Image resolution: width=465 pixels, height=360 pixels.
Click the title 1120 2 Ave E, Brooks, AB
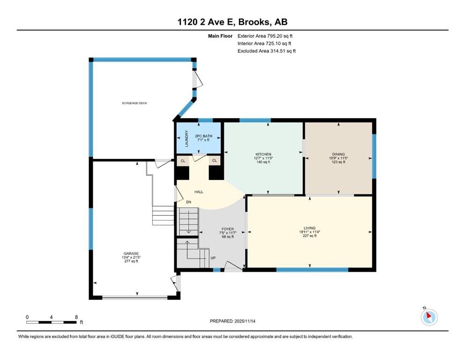click(x=232, y=22)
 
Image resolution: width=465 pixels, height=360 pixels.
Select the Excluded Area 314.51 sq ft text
click(x=266, y=51)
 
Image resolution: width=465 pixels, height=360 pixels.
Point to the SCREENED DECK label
click(x=134, y=103)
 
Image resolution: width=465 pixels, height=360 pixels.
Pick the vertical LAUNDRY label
click(x=186, y=138)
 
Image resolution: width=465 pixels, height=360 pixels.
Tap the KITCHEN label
click(x=263, y=154)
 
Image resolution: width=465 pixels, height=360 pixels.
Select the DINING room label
click(x=338, y=154)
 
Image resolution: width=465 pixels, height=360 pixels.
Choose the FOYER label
click(x=228, y=229)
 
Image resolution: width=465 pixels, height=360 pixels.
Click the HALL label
click(x=199, y=192)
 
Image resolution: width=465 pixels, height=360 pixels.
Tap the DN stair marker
click(x=189, y=202)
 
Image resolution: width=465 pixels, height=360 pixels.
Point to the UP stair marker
click(x=213, y=258)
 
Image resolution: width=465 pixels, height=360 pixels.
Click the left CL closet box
click(x=183, y=161)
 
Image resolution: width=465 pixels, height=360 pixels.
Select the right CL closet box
click(x=214, y=161)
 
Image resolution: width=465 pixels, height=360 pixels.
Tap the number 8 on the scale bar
click(x=76, y=317)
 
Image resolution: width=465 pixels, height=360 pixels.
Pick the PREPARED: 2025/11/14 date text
click(x=233, y=321)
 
